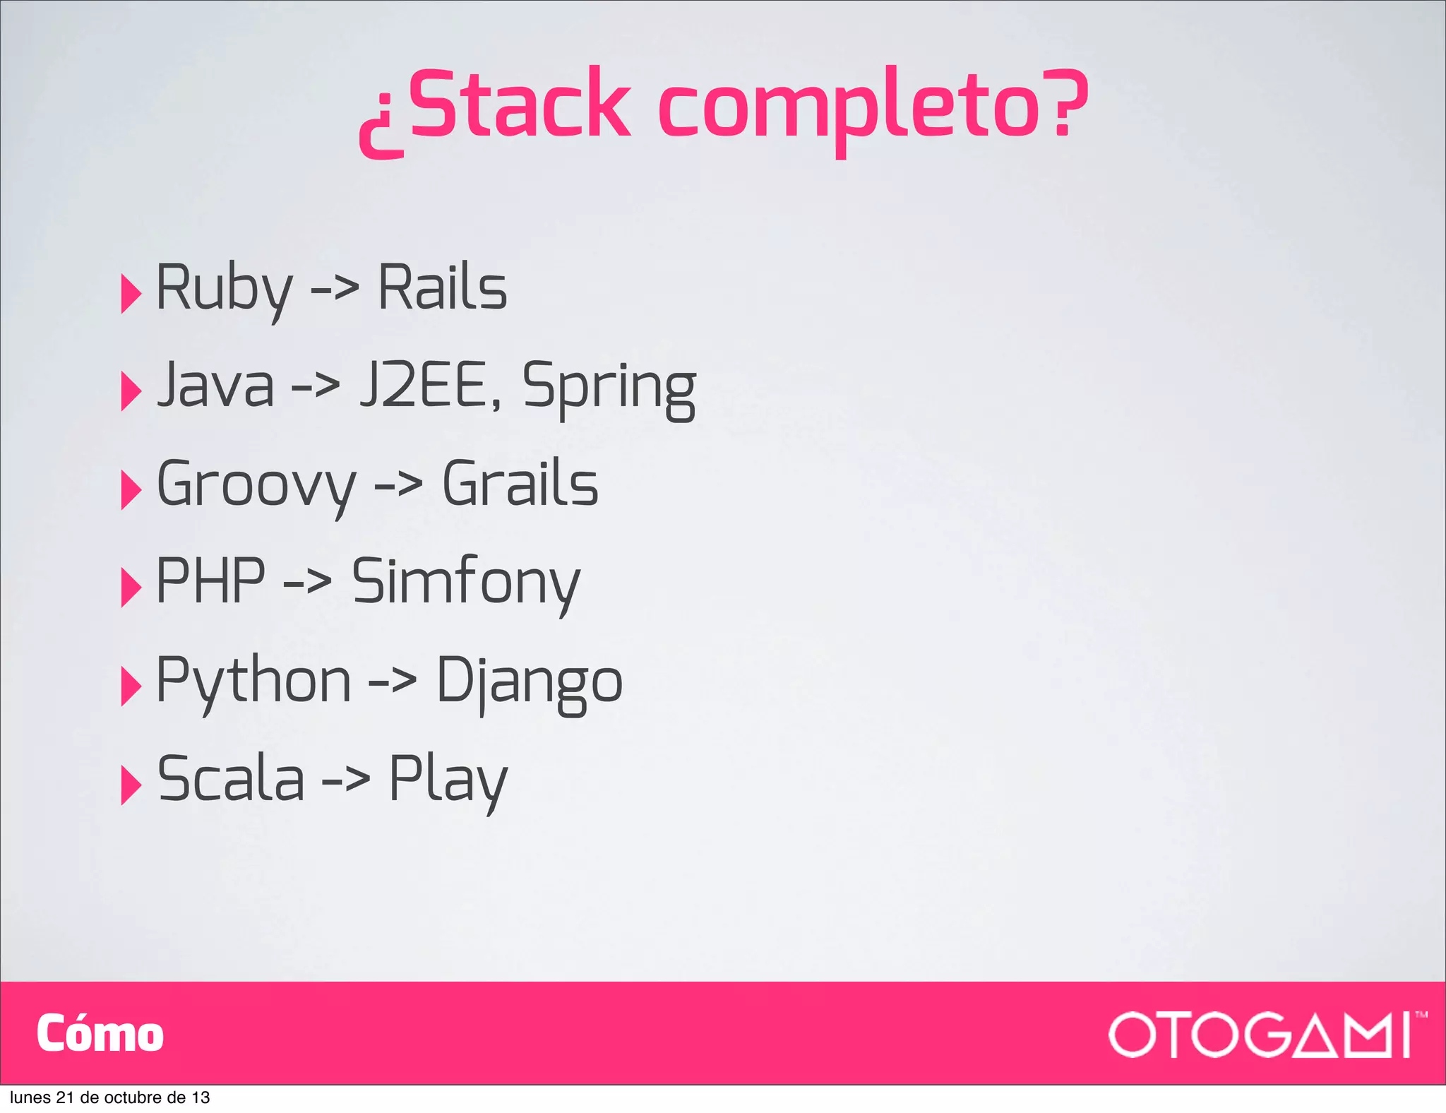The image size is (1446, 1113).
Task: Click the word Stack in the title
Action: pyautogui.click(x=519, y=106)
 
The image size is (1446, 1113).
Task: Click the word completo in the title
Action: pyautogui.click(x=847, y=109)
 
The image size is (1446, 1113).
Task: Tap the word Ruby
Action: pyautogui.click(x=224, y=288)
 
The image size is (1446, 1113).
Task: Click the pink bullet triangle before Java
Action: pyautogui.click(x=131, y=391)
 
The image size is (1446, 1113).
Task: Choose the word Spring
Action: pyautogui.click(x=609, y=388)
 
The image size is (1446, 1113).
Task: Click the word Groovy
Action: pyautogui.click(x=256, y=484)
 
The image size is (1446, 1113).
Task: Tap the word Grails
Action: pyautogui.click(x=520, y=484)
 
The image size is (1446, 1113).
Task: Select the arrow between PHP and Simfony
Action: pyautogui.click(x=307, y=583)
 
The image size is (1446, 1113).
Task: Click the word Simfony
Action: pyautogui.click(x=466, y=583)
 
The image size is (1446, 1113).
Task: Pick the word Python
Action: pyautogui.click(x=253, y=682)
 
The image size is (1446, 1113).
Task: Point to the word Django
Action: pyautogui.click(x=530, y=682)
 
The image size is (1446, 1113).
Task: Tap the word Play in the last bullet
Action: pyautogui.click(x=448, y=780)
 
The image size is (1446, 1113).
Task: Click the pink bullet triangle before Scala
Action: pyautogui.click(x=131, y=785)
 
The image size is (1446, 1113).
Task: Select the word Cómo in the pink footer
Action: pyautogui.click(x=100, y=1034)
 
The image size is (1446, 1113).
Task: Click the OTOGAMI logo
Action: pyautogui.click(x=1260, y=1035)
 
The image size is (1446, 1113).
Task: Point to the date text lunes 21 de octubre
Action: pyautogui.click(x=109, y=1097)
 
